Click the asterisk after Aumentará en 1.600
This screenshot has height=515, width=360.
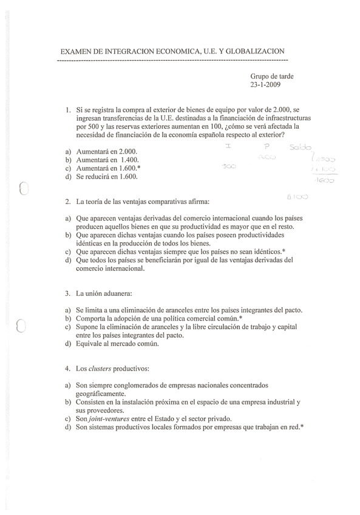click(x=140, y=168)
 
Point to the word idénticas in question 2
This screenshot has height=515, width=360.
click(x=92, y=243)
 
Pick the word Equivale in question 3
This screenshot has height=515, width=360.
click(x=90, y=344)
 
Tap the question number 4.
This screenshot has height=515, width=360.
click(x=67, y=369)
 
